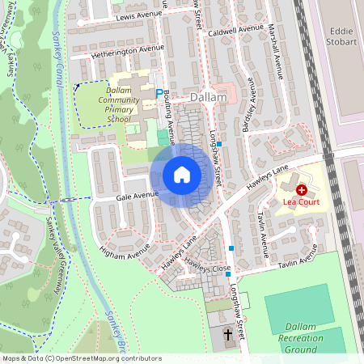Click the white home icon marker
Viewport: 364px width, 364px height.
pos(182,174)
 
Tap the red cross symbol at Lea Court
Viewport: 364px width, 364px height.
pos(302,188)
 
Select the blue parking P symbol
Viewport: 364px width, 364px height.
pos(159,94)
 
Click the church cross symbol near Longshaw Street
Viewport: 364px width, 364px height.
pos(227,334)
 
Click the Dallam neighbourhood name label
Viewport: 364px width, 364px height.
pos(208,97)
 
